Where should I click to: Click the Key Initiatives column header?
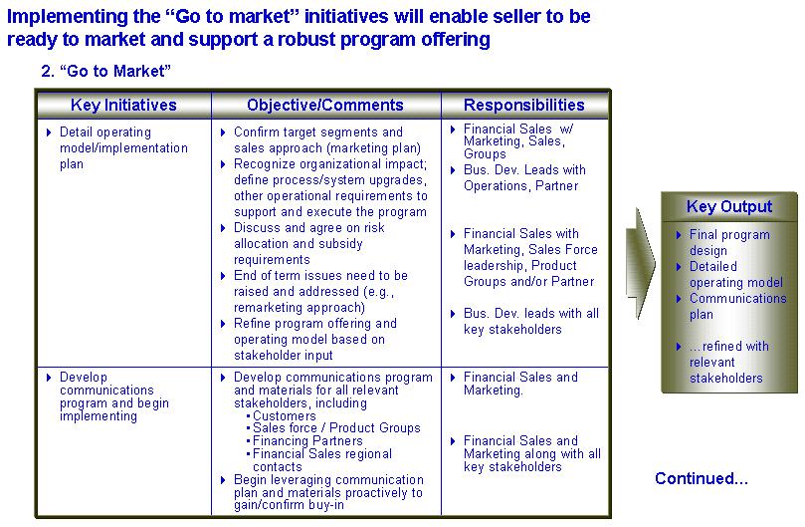pos(123,105)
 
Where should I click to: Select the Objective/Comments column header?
pos(325,105)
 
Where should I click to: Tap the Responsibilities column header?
pos(524,105)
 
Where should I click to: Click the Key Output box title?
pos(729,206)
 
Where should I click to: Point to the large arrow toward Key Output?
pos(640,263)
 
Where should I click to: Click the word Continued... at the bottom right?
pos(702,478)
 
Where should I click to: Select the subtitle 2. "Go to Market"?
pos(105,71)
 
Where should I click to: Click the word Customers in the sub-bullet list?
pos(285,415)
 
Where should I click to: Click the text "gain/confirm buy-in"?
pos(289,505)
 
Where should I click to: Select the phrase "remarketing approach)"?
pos(300,308)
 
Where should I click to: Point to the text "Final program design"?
pos(729,242)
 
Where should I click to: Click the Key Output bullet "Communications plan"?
pos(737,306)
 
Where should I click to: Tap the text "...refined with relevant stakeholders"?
pos(729,362)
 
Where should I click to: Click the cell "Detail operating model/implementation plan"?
pos(123,148)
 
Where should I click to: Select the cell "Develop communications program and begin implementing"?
pos(114,396)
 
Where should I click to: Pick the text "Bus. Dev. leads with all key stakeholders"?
pos(530,322)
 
